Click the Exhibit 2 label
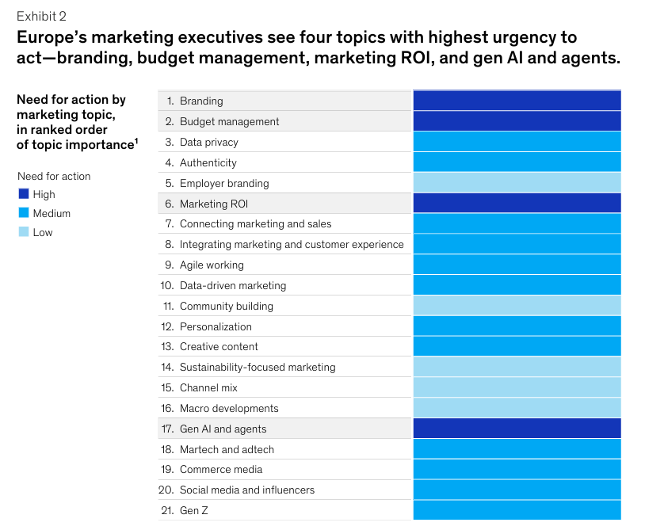[41, 16]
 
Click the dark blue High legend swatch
[23, 194]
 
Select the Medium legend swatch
[23, 213]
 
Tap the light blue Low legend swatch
[23, 232]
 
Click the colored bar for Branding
[517, 101]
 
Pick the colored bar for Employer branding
[517, 183]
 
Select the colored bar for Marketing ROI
[517, 204]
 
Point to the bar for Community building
[517, 306]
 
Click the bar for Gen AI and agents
[517, 429]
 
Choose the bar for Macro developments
[517, 408]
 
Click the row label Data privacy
[208, 142]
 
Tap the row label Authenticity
[208, 162]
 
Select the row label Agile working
[212, 265]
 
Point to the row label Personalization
[216, 326]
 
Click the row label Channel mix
[208, 387]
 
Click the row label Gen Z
[194, 511]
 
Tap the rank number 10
[167, 285]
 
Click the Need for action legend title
[54, 176]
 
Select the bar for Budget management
[517, 121]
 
